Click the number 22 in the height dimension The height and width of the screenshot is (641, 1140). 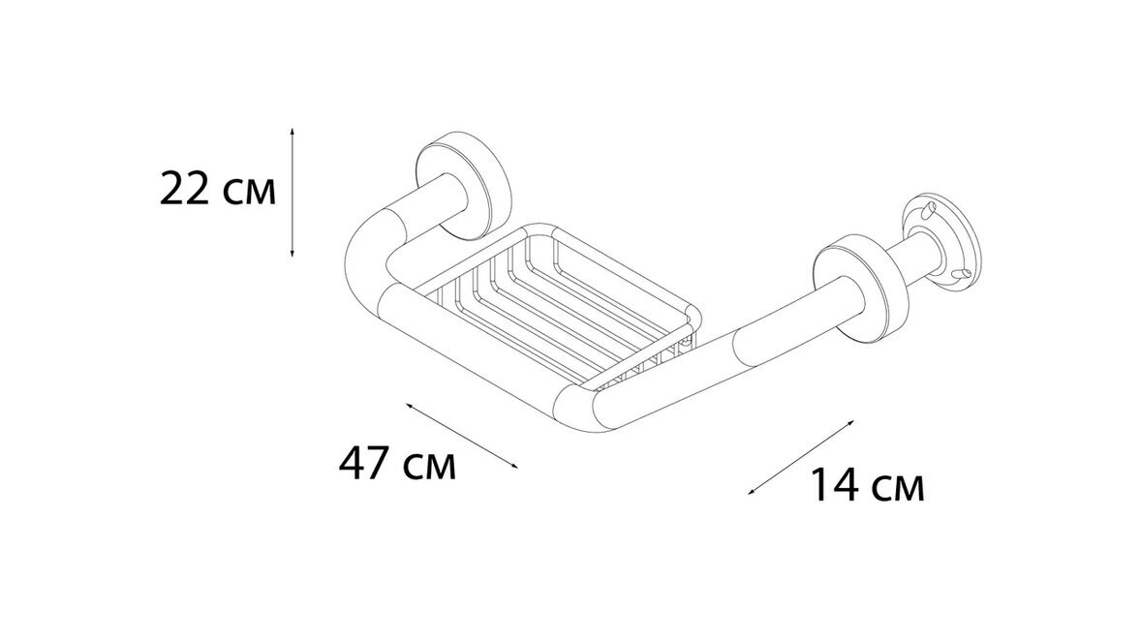tap(185, 189)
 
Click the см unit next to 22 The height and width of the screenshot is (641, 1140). tap(249, 194)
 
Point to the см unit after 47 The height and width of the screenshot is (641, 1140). tap(429, 468)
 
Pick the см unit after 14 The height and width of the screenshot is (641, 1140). tap(897, 490)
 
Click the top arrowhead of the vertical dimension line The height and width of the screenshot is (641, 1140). tap(293, 132)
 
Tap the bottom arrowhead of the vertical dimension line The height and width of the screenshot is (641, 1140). tap(293, 252)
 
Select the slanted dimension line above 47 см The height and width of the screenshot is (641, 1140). tap(462, 436)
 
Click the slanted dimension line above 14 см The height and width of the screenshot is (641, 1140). tap(801, 457)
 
